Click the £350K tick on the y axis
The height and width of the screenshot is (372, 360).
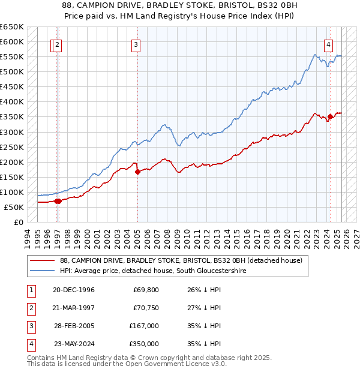(13, 117)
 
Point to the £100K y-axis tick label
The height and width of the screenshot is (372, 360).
(13, 192)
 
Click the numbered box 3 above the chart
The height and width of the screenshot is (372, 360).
(136, 44)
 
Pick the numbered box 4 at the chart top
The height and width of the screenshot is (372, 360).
(329, 44)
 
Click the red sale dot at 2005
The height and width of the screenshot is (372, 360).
(137, 172)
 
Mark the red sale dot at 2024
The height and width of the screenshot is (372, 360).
(330, 116)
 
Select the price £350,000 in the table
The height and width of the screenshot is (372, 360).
(146, 344)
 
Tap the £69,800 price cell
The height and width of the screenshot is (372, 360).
(146, 290)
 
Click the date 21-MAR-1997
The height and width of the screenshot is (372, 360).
(74, 308)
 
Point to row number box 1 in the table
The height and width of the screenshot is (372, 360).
(31, 290)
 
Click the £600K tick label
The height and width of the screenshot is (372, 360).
(13, 42)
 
